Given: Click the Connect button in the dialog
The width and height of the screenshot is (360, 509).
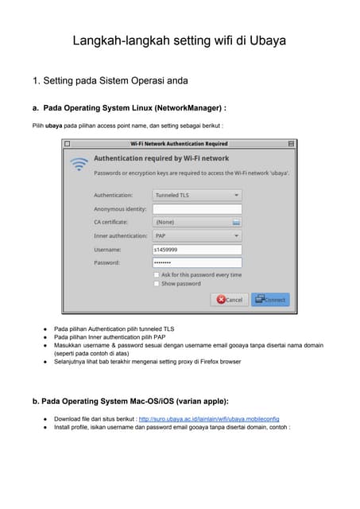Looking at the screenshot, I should tap(270, 300).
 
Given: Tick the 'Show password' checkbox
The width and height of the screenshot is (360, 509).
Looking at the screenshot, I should tap(157, 283).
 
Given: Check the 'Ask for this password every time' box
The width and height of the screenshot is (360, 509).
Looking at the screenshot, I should tap(157, 274).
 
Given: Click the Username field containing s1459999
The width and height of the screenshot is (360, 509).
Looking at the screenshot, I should tap(197, 249).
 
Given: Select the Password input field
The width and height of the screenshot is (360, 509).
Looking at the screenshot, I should tap(197, 262).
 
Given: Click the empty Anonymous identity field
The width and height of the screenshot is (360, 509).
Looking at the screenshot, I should tap(197, 208).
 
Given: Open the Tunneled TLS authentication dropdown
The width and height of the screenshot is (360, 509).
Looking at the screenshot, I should tap(197, 195).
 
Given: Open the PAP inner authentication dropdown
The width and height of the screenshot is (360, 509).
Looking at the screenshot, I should tap(197, 235).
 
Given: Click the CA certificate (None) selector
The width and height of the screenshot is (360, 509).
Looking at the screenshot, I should tap(197, 222).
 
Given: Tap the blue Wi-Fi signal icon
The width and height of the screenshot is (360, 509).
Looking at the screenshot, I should tap(79, 165).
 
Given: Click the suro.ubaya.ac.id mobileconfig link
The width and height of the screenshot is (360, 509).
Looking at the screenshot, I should tap(208, 418).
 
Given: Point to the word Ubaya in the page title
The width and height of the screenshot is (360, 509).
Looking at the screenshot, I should tap(267, 40).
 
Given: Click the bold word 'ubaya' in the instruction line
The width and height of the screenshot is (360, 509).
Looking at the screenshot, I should tap(53, 126).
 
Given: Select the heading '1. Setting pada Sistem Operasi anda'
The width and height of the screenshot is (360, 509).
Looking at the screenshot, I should tap(110, 80).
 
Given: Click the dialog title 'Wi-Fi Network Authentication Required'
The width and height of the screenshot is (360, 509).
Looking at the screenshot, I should tap(179, 144).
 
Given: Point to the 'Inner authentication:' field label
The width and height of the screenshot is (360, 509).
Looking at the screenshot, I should tap(120, 235).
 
